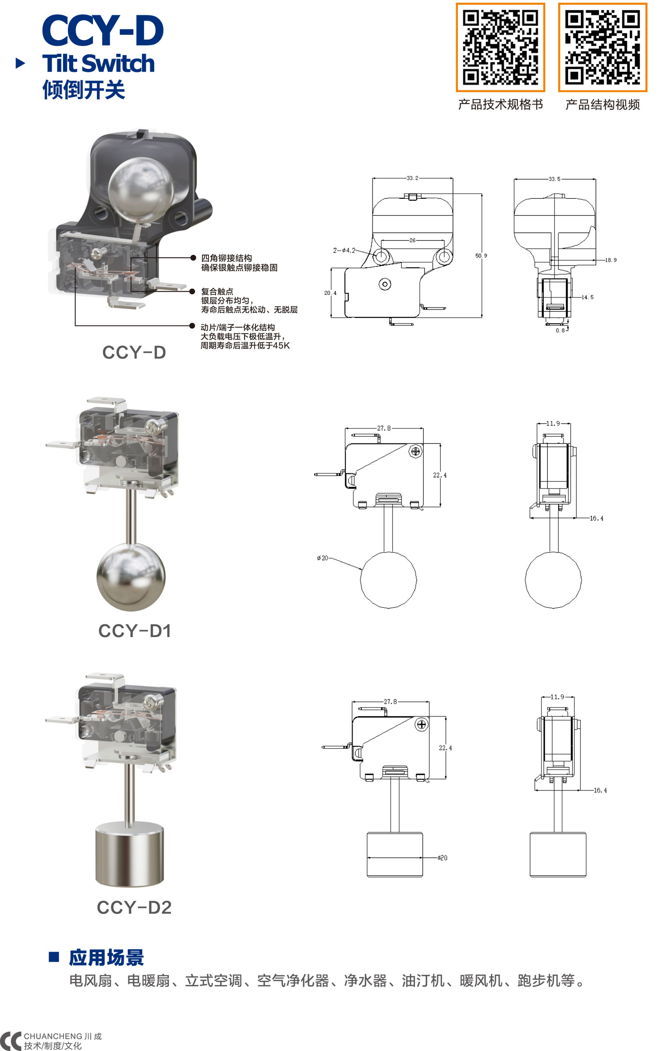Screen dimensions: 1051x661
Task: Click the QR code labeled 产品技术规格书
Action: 500,48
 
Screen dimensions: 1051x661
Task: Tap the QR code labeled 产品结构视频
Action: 602,48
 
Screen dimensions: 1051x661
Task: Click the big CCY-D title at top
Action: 103,30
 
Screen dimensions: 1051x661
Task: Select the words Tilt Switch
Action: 98,63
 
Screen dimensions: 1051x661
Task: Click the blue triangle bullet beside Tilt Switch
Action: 20,63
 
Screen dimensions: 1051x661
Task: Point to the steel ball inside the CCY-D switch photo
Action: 136,190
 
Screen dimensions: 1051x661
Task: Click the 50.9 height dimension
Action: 481,256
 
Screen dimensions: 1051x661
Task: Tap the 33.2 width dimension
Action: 412,178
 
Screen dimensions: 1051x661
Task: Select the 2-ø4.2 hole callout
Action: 344,250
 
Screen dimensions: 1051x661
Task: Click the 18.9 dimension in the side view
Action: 610,260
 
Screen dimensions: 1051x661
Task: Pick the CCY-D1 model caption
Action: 134,631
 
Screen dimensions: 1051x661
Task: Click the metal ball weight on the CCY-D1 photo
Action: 131,577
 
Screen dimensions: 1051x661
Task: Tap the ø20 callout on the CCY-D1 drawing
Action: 323,558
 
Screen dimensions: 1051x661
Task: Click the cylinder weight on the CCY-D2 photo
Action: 130,854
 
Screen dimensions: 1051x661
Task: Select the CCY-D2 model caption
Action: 134,907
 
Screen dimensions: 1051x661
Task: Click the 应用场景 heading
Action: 106,958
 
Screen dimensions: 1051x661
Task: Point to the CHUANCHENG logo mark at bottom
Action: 11,1041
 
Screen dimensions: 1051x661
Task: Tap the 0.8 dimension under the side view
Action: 560,330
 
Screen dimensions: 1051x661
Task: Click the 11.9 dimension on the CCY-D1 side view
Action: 553,424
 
